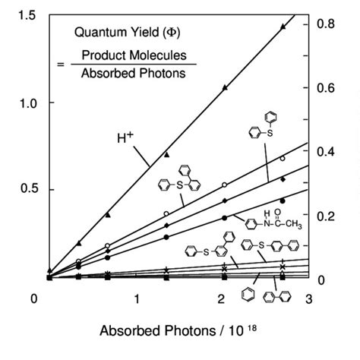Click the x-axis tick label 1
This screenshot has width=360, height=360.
click(137, 300)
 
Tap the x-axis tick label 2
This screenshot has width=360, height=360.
click(221, 300)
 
